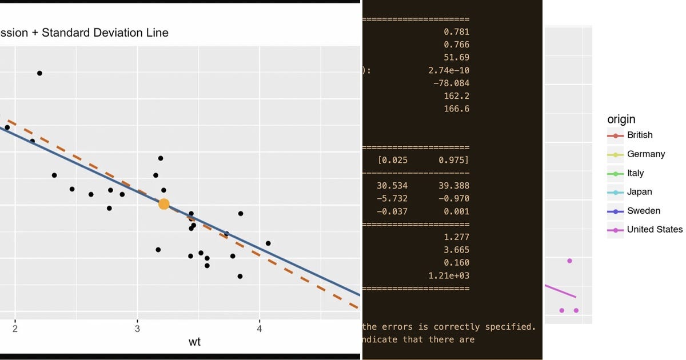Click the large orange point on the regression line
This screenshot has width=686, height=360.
coord(164,204)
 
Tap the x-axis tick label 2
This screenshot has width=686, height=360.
coord(15,329)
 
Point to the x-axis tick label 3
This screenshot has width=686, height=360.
coord(137,329)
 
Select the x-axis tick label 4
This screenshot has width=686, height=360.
coord(260,329)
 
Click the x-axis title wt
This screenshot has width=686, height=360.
coord(194,342)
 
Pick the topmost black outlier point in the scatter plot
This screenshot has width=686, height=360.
coord(39,73)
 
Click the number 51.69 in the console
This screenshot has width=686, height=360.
coord(456,58)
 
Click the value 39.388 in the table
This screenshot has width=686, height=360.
coord(453,186)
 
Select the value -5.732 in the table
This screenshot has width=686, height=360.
coord(392,198)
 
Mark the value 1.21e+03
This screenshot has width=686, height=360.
coord(449,276)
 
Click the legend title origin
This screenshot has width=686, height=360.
coord(621,119)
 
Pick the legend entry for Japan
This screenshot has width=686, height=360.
coord(639,192)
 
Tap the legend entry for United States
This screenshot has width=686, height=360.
coord(655,230)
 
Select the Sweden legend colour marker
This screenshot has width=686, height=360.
coord(615,211)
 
